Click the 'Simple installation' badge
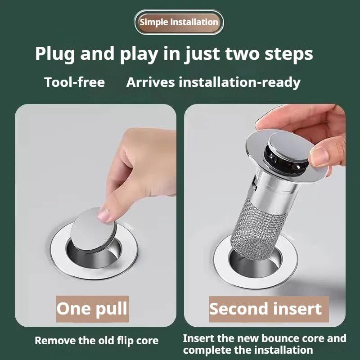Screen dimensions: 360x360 coord(179,22)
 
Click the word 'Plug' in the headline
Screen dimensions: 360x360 coord(55,54)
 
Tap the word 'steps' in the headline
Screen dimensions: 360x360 coord(288,54)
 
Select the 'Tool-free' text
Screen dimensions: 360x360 coord(74,82)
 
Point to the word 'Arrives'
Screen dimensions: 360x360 coord(150,82)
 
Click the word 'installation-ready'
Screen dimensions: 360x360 coord(239,83)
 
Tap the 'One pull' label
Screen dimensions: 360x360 coord(92,309)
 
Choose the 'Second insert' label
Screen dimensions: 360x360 coord(269,309)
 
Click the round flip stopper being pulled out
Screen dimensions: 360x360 coord(94,229)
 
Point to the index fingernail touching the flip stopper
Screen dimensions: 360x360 coord(104,214)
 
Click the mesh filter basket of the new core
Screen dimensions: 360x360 coord(258,229)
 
